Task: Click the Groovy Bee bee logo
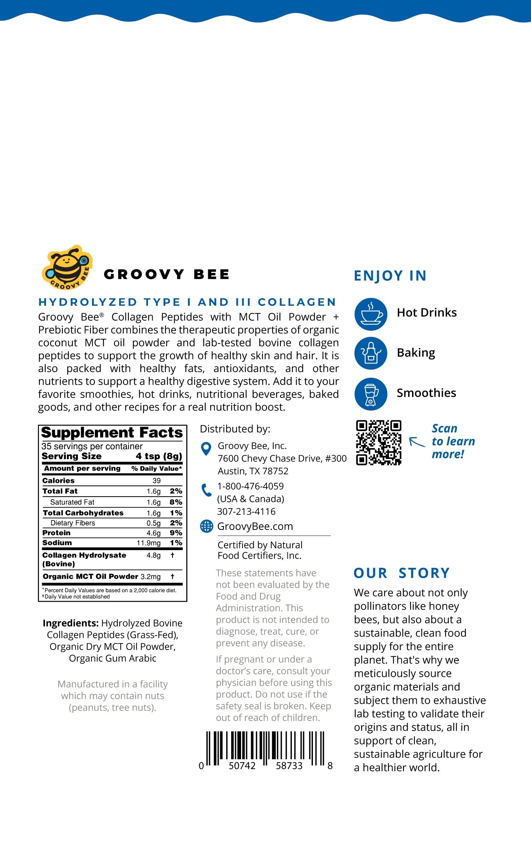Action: click(67, 267)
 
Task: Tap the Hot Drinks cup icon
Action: click(371, 314)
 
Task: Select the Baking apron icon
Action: click(371, 353)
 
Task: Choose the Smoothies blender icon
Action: click(371, 394)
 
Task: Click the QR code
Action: click(378, 443)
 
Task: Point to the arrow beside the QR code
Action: click(417, 442)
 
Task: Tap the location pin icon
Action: click(206, 449)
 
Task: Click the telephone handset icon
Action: click(206, 490)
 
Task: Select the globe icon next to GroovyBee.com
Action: click(206, 526)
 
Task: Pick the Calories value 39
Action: click(156, 480)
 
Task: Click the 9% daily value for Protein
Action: click(176, 533)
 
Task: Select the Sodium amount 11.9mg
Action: click(149, 543)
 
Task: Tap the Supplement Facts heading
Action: click(112, 433)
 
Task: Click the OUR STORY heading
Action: click(402, 573)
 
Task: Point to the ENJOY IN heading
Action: click(390, 276)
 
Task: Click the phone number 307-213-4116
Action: click(246, 512)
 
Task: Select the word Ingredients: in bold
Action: click(70, 623)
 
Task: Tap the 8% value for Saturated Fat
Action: click(176, 502)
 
